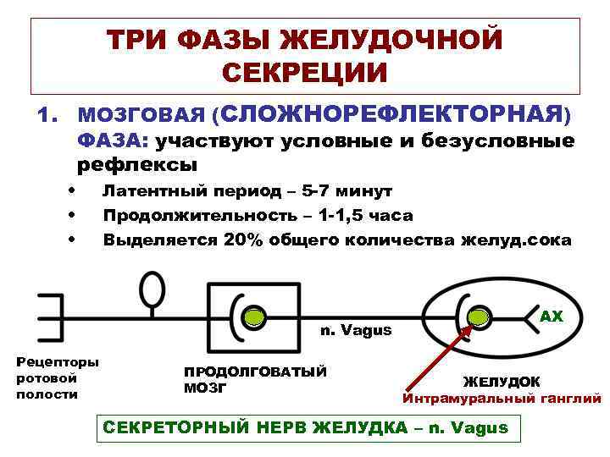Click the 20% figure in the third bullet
coord(244,240)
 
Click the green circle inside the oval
coord(480,317)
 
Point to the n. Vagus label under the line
coord(355,330)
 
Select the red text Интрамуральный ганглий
coord(502,399)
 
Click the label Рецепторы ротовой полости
coord(57,377)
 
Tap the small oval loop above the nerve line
coord(152,289)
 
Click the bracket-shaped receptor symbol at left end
coord(51,317)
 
